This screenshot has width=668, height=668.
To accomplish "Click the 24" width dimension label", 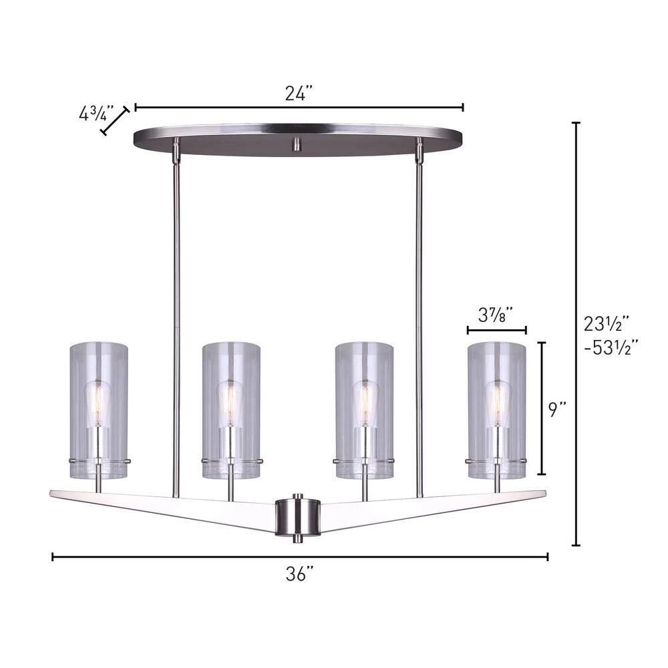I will pos(299,94).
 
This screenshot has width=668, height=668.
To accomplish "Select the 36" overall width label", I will pos(300,574).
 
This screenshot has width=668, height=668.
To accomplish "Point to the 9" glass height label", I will pos(558,409).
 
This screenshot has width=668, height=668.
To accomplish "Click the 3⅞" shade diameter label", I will pos(496,313).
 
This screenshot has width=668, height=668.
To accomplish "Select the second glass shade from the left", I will pos(232,411).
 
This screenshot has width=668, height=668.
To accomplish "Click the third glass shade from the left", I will pos(364,411).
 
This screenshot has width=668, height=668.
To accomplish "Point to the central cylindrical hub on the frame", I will pos(298,514).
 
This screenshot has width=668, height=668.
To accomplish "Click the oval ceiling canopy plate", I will pos(298,137).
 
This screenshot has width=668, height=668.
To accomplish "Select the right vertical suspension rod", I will pos(419,301).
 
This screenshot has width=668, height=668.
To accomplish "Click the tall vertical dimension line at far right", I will pos(576,334).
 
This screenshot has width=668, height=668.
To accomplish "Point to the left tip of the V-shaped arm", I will pos(53,494).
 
